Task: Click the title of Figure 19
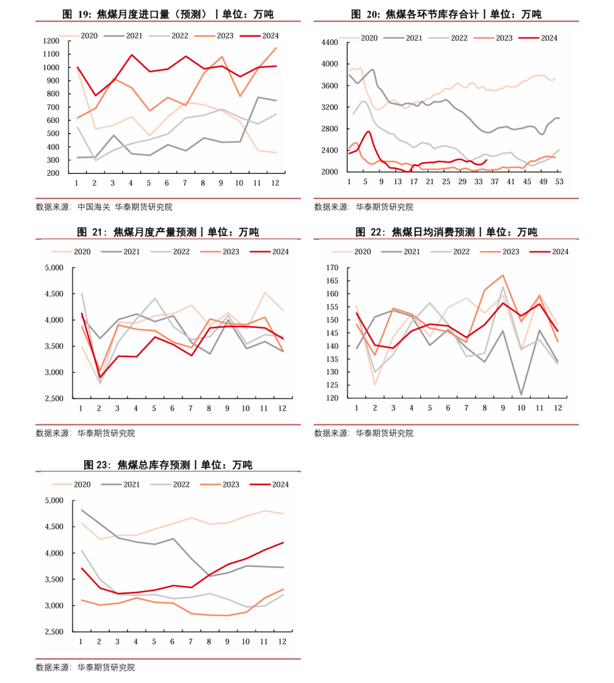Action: [x=168, y=14]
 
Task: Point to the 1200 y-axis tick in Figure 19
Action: [x=51, y=41]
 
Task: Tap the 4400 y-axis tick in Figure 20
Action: [x=330, y=43]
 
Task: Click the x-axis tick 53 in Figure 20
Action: [x=559, y=181]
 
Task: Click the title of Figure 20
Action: [x=446, y=14]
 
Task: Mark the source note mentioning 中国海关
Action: [x=104, y=207]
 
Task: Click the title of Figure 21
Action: [x=168, y=232]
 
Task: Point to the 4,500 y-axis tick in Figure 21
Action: [x=55, y=294]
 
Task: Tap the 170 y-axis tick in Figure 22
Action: [x=333, y=268]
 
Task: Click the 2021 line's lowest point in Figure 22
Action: [x=521, y=395]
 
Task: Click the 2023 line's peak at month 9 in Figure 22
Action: [x=503, y=275]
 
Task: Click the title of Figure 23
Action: [x=168, y=465]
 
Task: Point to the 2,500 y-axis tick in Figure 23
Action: [x=55, y=632]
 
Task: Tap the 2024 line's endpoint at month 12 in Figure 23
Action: [x=283, y=543]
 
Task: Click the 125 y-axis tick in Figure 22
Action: [x=333, y=386]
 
